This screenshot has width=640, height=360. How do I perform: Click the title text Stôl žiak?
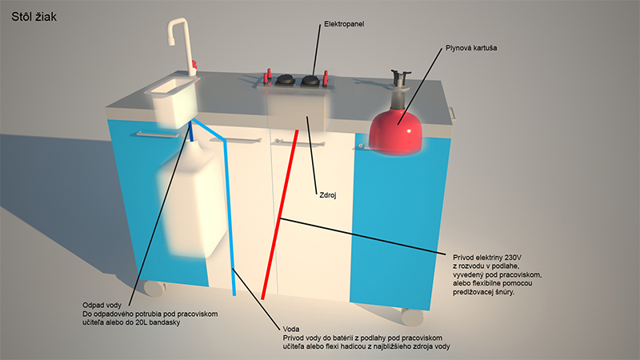pyautogui.click(x=34, y=17)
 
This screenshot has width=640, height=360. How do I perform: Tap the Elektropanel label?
pyautogui.click(x=344, y=24)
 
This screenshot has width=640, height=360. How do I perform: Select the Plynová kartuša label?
pyautogui.click(x=471, y=48)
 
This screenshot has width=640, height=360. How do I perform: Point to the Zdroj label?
pyautogui.click(x=328, y=195)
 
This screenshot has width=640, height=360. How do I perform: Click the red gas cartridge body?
pyautogui.click(x=395, y=130)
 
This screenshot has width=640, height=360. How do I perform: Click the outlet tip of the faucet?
pyautogui.click(x=170, y=42)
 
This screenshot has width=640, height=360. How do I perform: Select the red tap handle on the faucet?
pyautogui.click(x=194, y=65)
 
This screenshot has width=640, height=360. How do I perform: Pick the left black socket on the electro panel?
pyautogui.click(x=285, y=79)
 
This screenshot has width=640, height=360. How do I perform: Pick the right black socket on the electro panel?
pyautogui.click(x=311, y=81)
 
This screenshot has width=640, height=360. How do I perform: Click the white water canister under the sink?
pyautogui.click(x=193, y=198)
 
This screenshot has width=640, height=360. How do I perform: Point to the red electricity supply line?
pyautogui.click(x=279, y=214)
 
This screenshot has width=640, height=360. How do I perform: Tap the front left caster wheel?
pyautogui.click(x=154, y=288)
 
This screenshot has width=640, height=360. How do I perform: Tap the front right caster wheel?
pyautogui.click(x=412, y=316)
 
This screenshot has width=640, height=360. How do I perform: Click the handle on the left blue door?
pyautogui.click(x=158, y=134)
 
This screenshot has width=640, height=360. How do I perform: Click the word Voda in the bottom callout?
pyautogui.click(x=291, y=329)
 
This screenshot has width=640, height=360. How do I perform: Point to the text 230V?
pyautogui.click(x=513, y=258)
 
